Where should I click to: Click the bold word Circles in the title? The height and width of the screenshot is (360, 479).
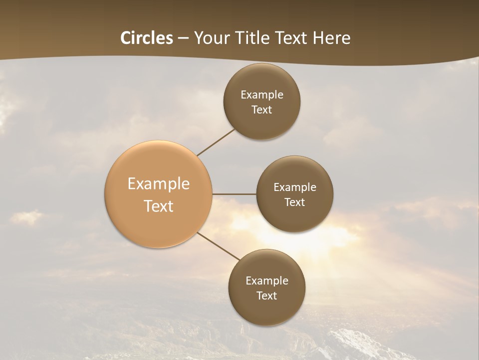pyautogui.click(x=147, y=38)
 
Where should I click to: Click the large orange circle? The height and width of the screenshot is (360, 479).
pyautogui.click(x=159, y=194)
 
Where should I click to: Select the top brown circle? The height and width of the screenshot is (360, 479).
pyautogui.click(x=262, y=101)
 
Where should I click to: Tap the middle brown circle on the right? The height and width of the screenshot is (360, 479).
pyautogui.click(x=294, y=194)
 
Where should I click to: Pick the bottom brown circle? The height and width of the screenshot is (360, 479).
pyautogui.click(x=267, y=288)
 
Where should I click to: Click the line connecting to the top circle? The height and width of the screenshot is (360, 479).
pyautogui.click(x=216, y=142)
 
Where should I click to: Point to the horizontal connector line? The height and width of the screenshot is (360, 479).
pyautogui.click(x=235, y=194)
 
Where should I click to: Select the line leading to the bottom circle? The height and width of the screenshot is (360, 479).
pyautogui.click(x=218, y=245)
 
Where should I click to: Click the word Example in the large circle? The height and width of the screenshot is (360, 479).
pyautogui.click(x=159, y=184)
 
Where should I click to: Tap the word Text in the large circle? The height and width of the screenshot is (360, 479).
pyautogui.click(x=159, y=206)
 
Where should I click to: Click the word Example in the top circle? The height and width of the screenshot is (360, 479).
pyautogui.click(x=262, y=94)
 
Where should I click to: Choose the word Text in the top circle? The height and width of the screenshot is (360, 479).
pyautogui.click(x=262, y=109)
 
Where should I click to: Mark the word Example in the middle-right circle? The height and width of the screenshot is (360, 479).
pyautogui.click(x=295, y=187)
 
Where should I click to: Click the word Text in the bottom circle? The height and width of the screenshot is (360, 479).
pyautogui.click(x=267, y=295)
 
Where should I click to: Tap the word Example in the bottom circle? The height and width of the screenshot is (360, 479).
pyautogui.click(x=267, y=280)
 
